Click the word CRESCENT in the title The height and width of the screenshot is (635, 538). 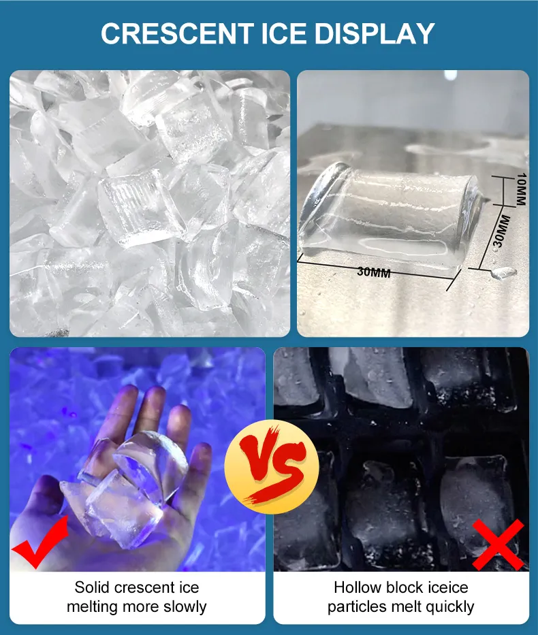(x=177, y=33)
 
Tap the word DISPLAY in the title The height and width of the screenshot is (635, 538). (x=374, y=33)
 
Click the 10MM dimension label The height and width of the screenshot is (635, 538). (x=522, y=189)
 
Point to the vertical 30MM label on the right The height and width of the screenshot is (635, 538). (x=501, y=231)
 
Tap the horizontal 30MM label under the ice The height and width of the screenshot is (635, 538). (x=373, y=272)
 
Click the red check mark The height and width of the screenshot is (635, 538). (x=39, y=542)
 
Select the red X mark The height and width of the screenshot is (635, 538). (x=498, y=544)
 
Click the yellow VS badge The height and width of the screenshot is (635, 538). (x=272, y=467)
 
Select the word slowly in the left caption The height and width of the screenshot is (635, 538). (x=185, y=606)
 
